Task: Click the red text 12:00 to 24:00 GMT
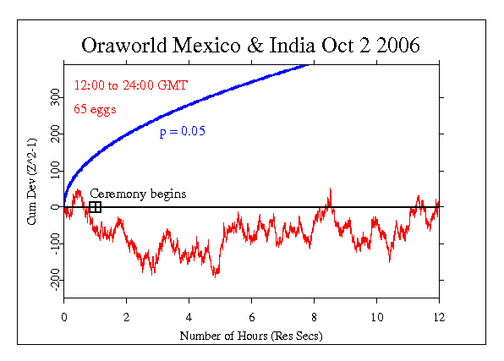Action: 130,85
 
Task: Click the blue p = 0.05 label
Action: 182,132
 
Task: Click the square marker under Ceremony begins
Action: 95,206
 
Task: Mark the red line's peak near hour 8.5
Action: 330,189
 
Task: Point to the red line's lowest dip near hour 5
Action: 216,276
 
